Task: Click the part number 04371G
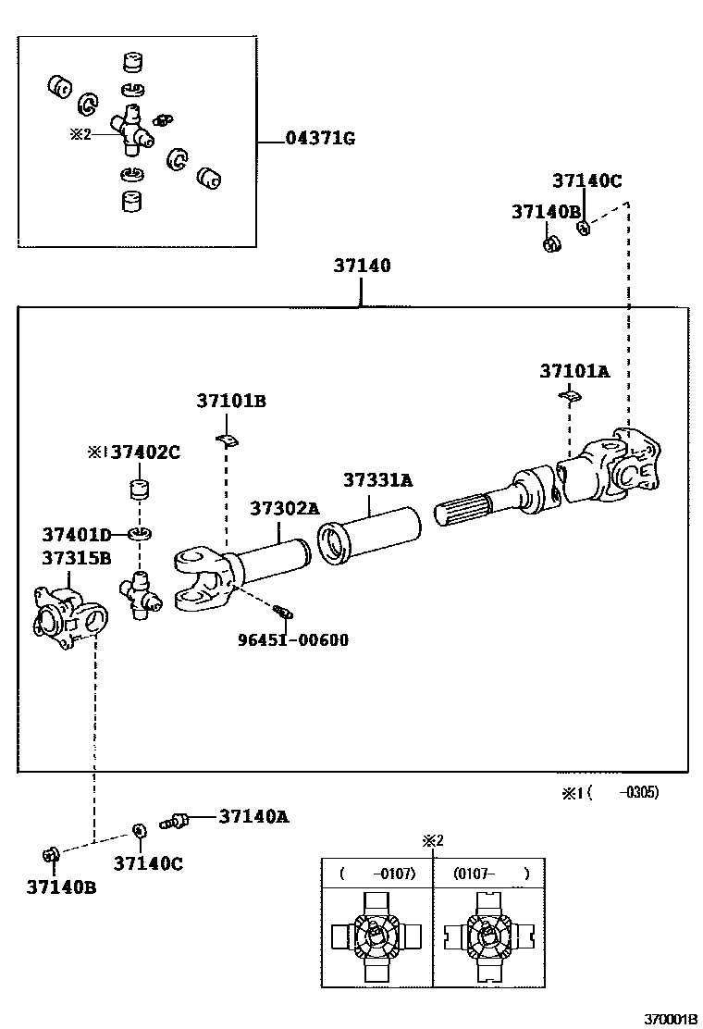tap(320, 140)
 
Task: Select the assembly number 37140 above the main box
tap(362, 266)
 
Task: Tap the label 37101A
tap(574, 371)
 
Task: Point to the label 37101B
tap(230, 401)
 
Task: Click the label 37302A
tap(284, 508)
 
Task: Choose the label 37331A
tap(377, 480)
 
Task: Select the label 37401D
tap(76, 534)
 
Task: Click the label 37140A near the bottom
tap(254, 816)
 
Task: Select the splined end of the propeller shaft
tap(464, 513)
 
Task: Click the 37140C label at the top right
tap(587, 180)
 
